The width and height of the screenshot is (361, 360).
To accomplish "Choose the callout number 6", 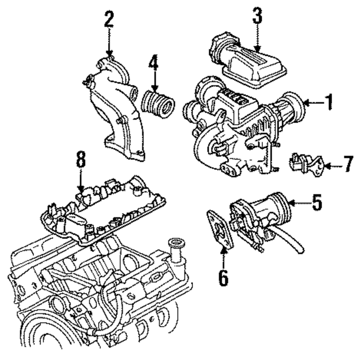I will (224, 277).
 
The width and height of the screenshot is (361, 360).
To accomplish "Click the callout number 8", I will (81, 161).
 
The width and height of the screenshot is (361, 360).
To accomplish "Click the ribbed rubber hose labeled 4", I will (159, 105).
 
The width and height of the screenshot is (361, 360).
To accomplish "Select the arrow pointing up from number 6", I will (224, 257).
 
